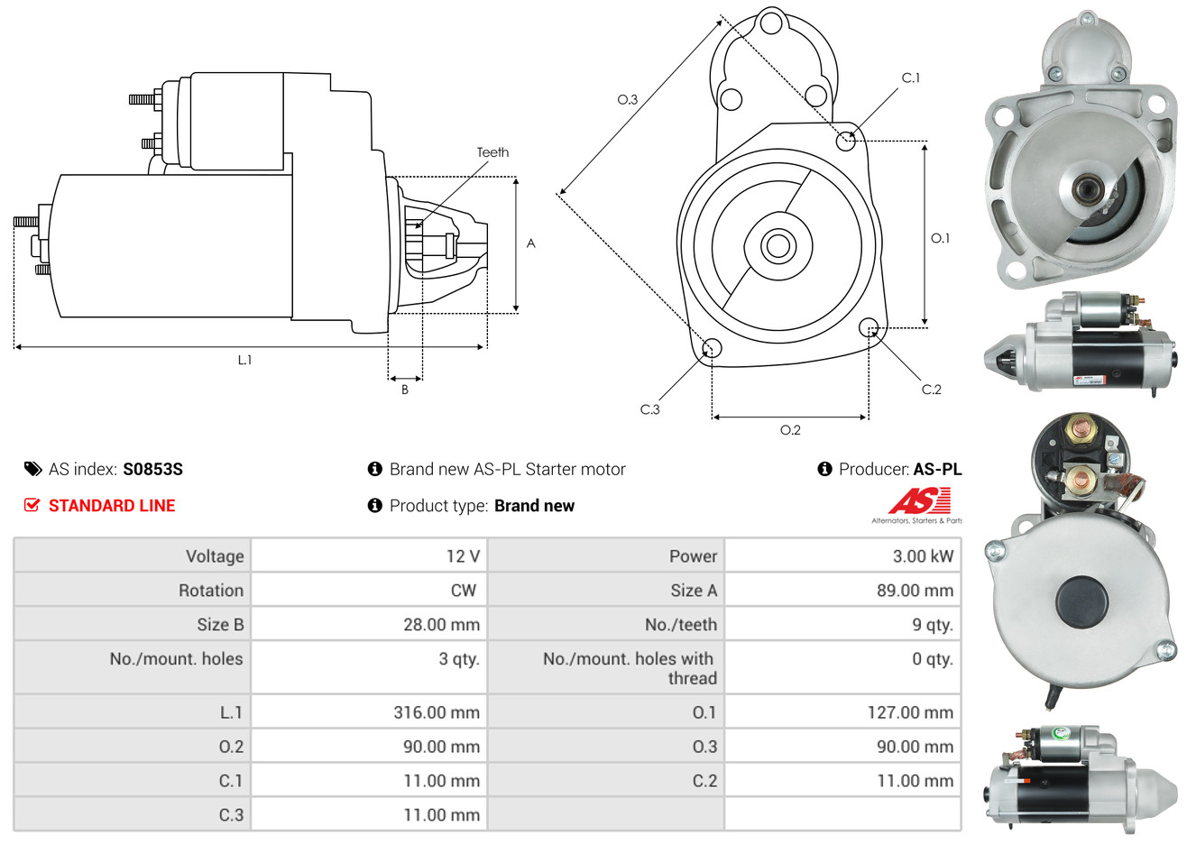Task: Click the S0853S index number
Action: (x=152, y=470)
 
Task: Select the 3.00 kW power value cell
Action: (x=842, y=555)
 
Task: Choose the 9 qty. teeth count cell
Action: (x=842, y=625)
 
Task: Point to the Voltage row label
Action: (x=215, y=556)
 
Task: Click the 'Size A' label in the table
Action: (x=694, y=591)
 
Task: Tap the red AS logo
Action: (x=920, y=500)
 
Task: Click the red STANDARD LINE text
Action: (x=112, y=506)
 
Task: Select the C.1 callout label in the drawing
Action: (x=911, y=78)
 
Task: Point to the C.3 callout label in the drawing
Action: (x=649, y=409)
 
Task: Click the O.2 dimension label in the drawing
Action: (x=790, y=430)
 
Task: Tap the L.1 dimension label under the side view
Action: (x=244, y=361)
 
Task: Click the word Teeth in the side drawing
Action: (x=492, y=152)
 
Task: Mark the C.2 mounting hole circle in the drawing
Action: (x=869, y=327)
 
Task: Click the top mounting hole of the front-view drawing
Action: (x=771, y=23)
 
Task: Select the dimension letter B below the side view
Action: (x=405, y=390)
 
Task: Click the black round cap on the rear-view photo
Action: (x=1081, y=601)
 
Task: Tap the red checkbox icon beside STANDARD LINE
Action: (x=32, y=505)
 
